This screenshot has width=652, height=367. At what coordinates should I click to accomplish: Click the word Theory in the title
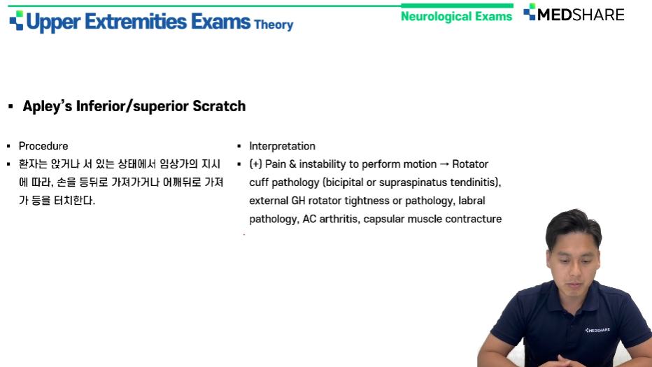click(274, 25)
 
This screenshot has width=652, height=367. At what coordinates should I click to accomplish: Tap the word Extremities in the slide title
click(136, 22)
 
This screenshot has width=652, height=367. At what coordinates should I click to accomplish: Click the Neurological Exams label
click(456, 16)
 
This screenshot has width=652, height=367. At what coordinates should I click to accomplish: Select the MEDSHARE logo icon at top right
click(530, 12)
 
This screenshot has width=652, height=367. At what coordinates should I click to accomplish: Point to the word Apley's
click(48, 106)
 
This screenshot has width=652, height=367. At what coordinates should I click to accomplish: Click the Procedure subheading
click(43, 146)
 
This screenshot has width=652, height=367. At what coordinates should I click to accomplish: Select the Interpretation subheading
click(283, 146)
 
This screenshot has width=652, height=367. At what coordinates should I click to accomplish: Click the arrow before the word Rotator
click(444, 164)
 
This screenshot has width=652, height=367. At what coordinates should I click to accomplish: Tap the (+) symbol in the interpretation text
click(256, 164)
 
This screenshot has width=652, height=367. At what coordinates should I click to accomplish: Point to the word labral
click(472, 201)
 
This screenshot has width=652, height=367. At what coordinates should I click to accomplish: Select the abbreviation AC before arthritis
click(309, 219)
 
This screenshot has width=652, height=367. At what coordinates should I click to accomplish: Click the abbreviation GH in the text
click(298, 201)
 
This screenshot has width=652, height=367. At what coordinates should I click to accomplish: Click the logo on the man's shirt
click(597, 330)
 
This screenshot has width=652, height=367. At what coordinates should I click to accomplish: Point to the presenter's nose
click(576, 270)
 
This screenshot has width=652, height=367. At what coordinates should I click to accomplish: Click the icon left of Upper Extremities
click(17, 21)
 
